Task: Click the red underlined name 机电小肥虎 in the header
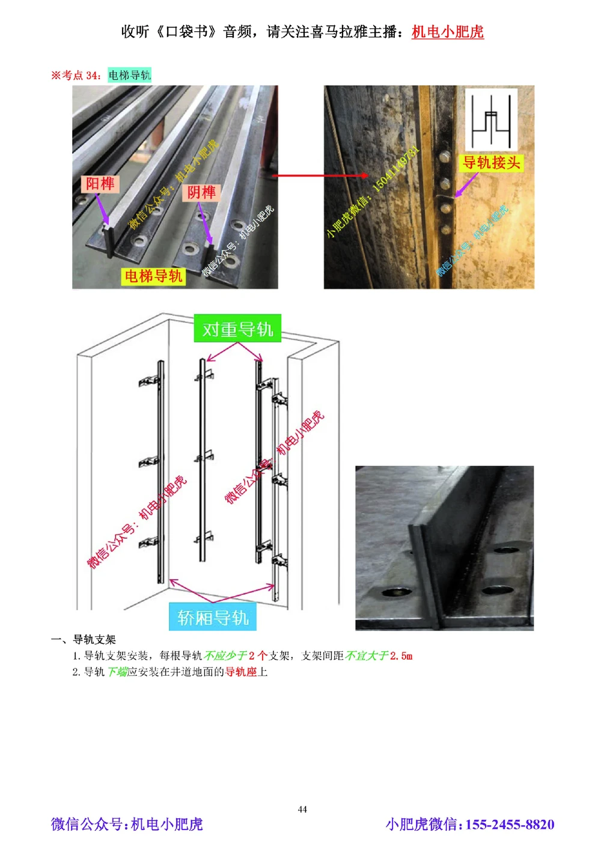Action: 447,32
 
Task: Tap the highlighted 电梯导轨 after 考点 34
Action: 129,75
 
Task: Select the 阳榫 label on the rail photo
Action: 100,184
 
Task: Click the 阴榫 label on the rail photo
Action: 201,192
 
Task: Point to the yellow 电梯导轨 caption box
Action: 153,276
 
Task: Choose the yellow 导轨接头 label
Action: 491,163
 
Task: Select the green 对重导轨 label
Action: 237,329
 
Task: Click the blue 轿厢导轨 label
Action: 213,617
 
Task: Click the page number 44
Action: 302,809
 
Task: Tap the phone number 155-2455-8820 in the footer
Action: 510,825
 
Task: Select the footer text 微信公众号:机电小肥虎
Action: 127,824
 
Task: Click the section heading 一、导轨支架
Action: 84,640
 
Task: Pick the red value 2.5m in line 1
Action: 400,656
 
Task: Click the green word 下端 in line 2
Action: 117,672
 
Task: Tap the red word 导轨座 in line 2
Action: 240,672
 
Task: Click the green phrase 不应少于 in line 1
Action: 225,656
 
